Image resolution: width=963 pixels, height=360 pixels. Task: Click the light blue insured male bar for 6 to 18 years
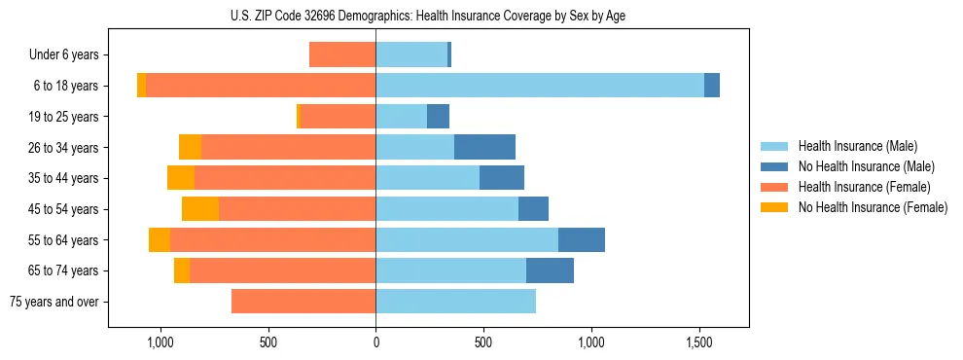540,86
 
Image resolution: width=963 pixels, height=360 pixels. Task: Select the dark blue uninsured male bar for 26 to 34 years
484,147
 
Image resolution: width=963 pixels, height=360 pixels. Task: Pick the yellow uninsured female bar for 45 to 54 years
200,208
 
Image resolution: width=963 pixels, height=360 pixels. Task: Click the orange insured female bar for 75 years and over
303,301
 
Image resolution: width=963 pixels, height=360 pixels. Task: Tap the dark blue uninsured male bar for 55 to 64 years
582,239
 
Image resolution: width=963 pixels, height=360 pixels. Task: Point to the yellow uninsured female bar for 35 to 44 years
181,178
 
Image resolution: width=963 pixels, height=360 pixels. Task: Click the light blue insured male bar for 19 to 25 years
401,117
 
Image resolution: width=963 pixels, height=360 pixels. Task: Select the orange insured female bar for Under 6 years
342,55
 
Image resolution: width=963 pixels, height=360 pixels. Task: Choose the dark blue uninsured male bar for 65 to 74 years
550,270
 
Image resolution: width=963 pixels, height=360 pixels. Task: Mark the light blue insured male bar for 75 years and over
455,301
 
